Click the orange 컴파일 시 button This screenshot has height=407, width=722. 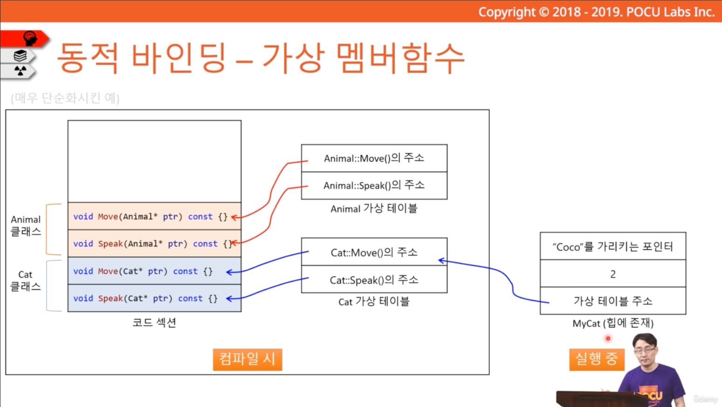tap(247, 359)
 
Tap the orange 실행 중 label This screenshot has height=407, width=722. tap(597, 359)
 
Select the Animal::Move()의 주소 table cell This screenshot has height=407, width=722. tap(374, 158)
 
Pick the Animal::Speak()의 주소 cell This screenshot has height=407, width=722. tap(374, 186)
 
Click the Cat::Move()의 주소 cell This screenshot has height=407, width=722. tap(374, 252)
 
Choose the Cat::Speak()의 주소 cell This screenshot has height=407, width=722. tap(374, 280)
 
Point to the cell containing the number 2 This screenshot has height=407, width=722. tap(613, 274)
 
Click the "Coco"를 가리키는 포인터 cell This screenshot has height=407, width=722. tap(613, 246)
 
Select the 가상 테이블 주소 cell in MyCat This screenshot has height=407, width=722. tap(613, 301)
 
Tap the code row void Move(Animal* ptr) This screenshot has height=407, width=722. tap(154, 216)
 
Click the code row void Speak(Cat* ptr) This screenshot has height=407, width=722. tap(154, 298)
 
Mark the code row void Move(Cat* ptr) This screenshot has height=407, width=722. tap(154, 271)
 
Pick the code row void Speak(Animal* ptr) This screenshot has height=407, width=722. tap(154, 244)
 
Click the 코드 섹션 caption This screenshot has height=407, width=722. tap(154, 323)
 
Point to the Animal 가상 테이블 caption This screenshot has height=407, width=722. tap(374, 209)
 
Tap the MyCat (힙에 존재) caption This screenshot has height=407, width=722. tap(613, 323)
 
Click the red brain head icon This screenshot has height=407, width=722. tap(30, 38)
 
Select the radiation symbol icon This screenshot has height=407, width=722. tap(21, 70)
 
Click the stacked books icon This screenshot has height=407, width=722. tap(21, 56)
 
